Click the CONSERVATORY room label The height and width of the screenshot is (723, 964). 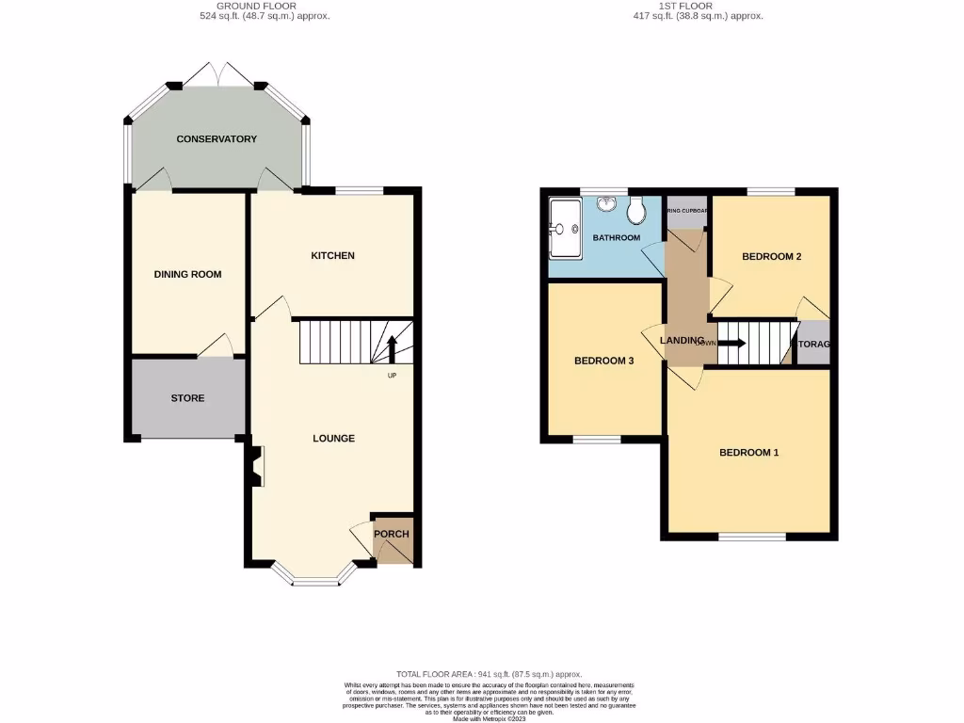click(x=217, y=139)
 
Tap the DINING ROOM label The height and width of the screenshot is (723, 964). click(x=187, y=275)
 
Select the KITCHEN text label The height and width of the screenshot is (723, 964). click(x=333, y=256)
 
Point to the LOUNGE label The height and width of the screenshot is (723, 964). click(x=333, y=439)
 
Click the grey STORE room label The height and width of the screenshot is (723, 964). click(x=187, y=398)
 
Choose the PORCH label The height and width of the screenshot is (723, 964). click(x=392, y=535)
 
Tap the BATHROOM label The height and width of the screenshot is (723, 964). click(x=616, y=238)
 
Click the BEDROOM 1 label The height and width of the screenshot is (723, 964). click(x=748, y=453)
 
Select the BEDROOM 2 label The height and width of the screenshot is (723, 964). click(x=771, y=256)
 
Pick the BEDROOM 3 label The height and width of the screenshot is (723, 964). click(x=603, y=361)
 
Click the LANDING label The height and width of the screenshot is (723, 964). click(x=683, y=341)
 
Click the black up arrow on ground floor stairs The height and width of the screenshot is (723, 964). click(x=392, y=347)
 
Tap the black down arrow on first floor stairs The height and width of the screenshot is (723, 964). click(x=732, y=343)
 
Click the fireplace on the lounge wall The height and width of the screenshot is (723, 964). click(x=254, y=466)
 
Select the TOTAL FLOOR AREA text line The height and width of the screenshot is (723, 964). click(x=489, y=674)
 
